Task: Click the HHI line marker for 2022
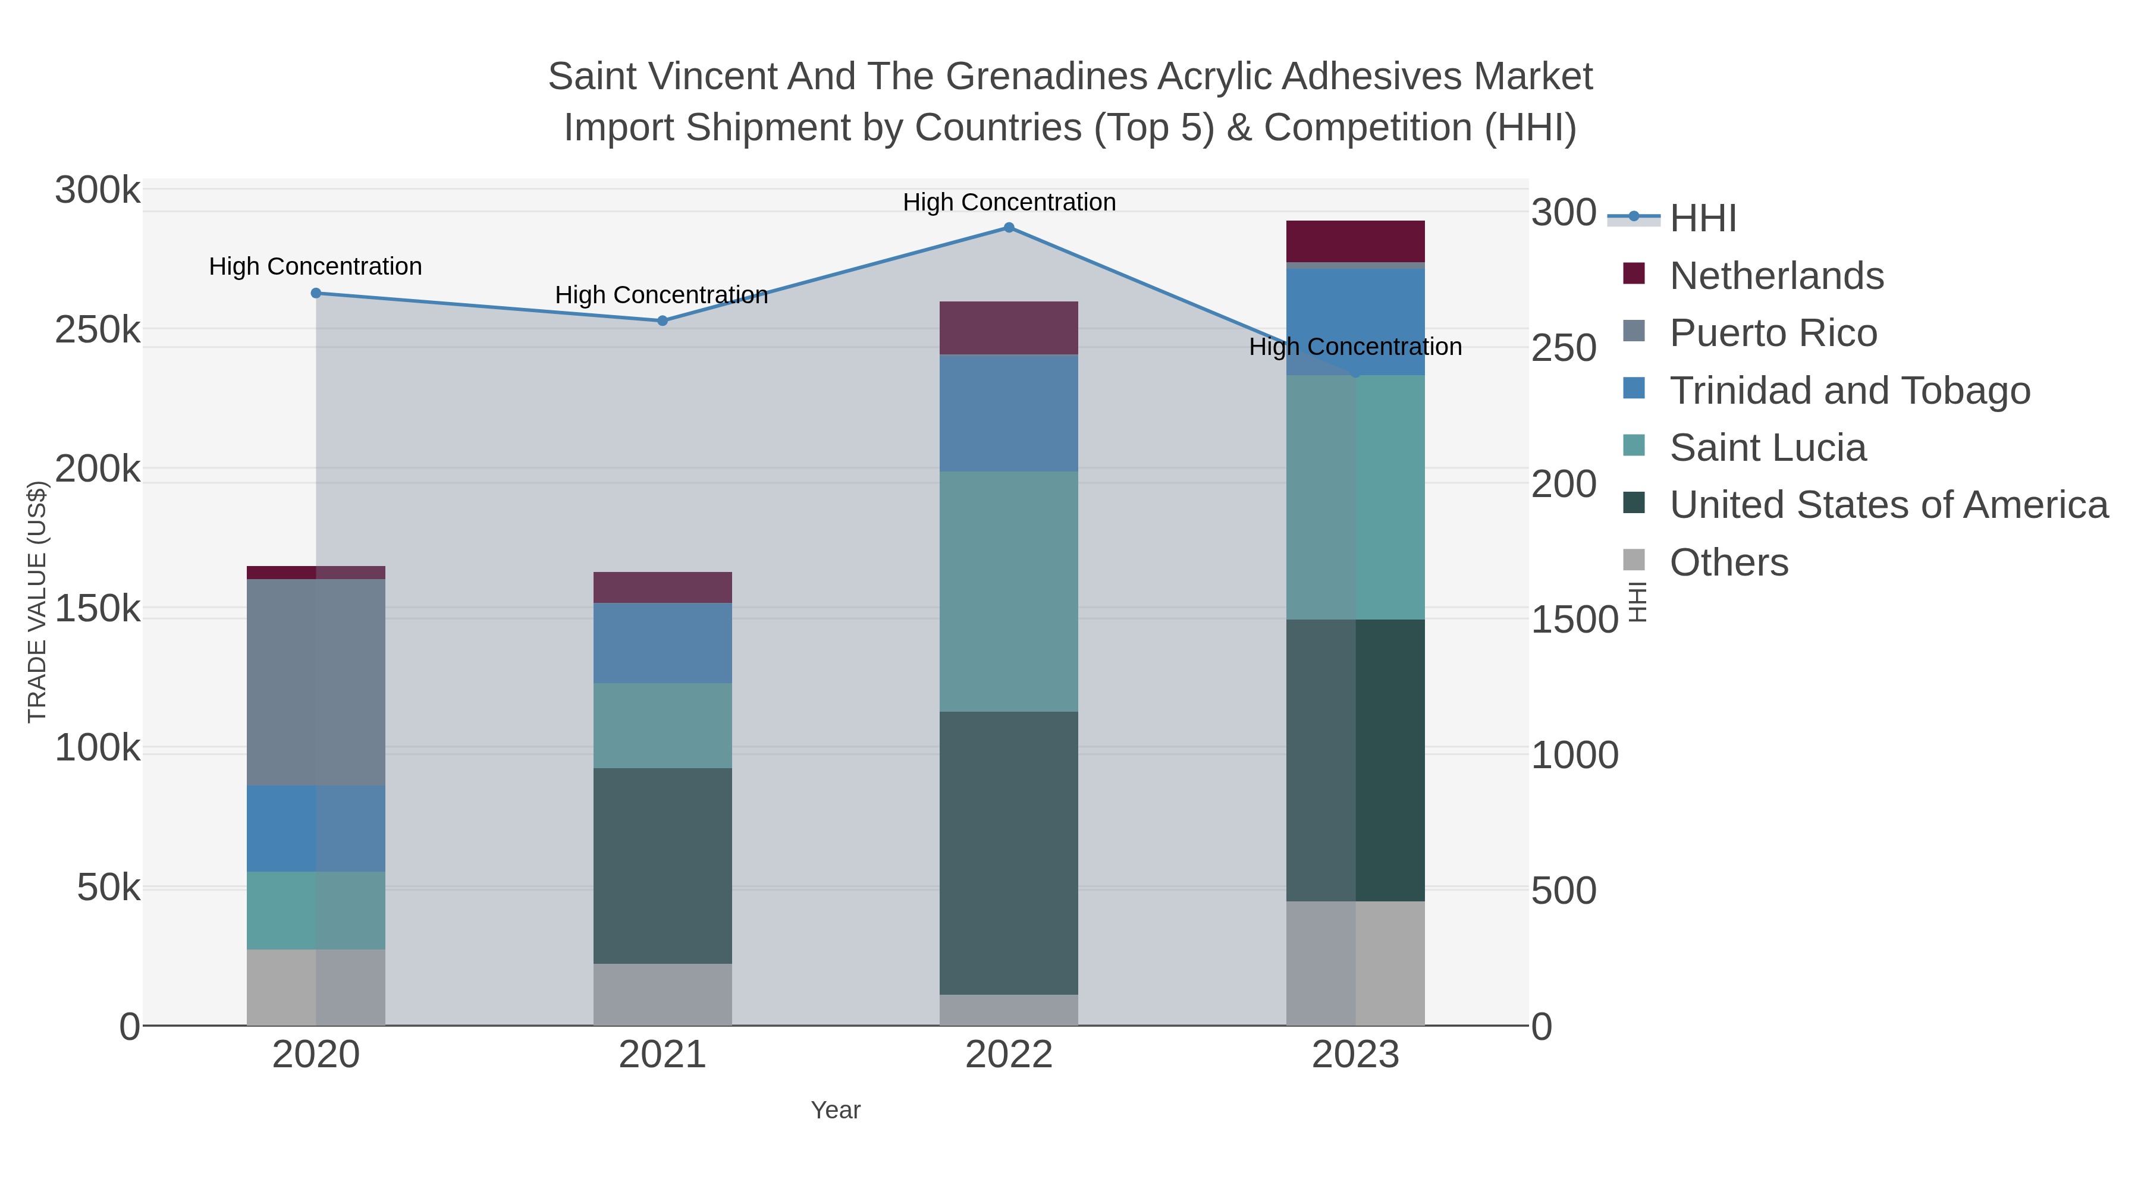[x=1009, y=228]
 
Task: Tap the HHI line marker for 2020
[x=316, y=293]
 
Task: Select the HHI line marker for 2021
[x=663, y=320]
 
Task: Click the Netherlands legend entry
[x=1776, y=276]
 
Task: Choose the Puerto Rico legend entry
[x=1773, y=333]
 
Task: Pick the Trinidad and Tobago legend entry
[x=1849, y=391]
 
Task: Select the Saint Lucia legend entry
[x=1767, y=448]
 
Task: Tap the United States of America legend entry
[x=1888, y=505]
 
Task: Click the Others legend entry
[x=1729, y=562]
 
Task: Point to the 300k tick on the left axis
[x=98, y=190]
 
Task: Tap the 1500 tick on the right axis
[x=1574, y=620]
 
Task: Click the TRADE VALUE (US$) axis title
[x=37, y=602]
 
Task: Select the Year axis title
[x=836, y=1110]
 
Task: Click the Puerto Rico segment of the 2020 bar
[x=316, y=681]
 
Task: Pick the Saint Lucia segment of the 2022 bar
[x=1009, y=591]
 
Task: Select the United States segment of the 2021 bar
[x=663, y=865]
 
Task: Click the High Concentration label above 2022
[x=1009, y=203]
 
